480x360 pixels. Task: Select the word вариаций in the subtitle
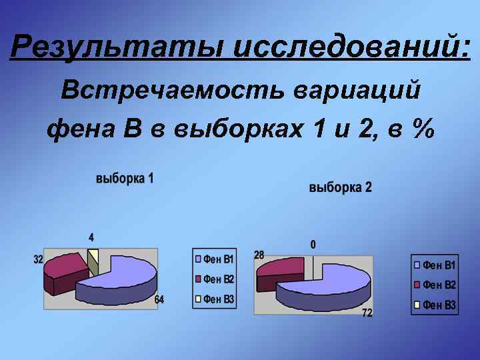[357, 90]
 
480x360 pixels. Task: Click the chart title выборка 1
[125, 179]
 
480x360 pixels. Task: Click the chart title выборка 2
[341, 188]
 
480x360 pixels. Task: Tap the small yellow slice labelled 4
[93, 255]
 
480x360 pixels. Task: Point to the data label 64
[159, 300]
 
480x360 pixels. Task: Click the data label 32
[39, 259]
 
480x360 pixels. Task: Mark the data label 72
[367, 313]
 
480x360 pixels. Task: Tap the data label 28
[259, 255]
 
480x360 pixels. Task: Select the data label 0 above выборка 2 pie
[313, 245]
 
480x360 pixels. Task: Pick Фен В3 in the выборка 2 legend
[439, 305]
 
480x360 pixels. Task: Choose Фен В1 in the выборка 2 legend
[439, 265]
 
